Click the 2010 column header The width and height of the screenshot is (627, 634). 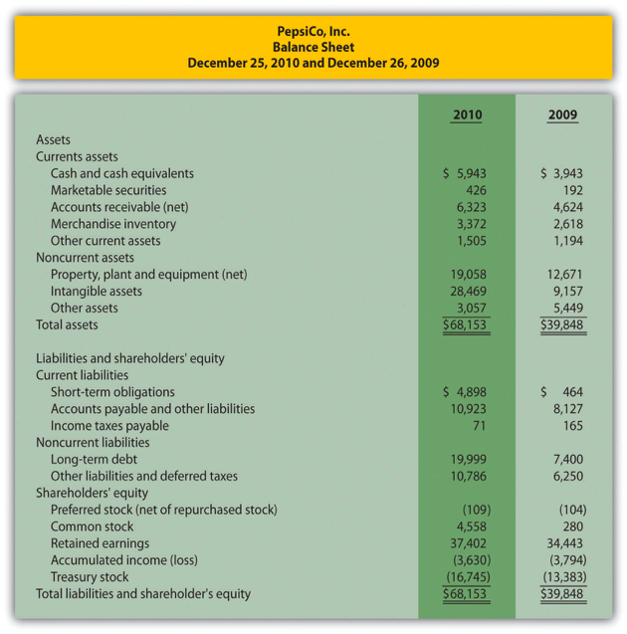(x=466, y=114)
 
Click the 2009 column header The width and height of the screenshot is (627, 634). (x=562, y=114)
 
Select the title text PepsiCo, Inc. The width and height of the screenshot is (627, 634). (x=313, y=30)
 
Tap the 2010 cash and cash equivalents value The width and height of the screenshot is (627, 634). (x=465, y=173)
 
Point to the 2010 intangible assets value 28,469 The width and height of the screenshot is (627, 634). (x=465, y=292)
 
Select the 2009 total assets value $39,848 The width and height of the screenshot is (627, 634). (x=562, y=325)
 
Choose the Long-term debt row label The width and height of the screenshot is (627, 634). (x=94, y=460)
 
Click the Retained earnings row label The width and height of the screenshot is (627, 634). (x=100, y=543)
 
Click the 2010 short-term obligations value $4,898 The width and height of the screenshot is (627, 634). (x=465, y=392)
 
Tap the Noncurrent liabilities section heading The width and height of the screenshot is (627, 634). (x=93, y=443)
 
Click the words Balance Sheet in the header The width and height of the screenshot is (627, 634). (x=313, y=46)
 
